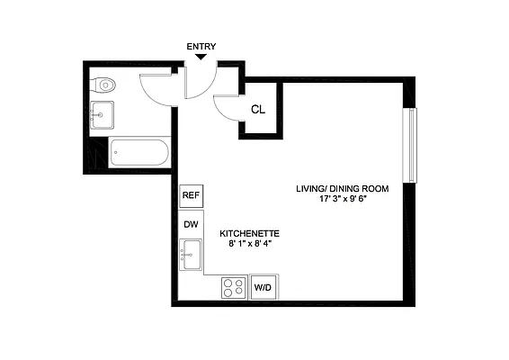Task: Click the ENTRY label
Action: [201, 47]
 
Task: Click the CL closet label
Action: [257, 110]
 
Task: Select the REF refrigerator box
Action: [190, 195]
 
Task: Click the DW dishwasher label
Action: [190, 224]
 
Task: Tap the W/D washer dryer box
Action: [263, 288]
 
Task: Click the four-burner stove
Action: [234, 288]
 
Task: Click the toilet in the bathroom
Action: [105, 85]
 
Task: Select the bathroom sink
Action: [101, 114]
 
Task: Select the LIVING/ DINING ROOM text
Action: [343, 188]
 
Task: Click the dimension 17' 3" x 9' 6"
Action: [343, 199]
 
